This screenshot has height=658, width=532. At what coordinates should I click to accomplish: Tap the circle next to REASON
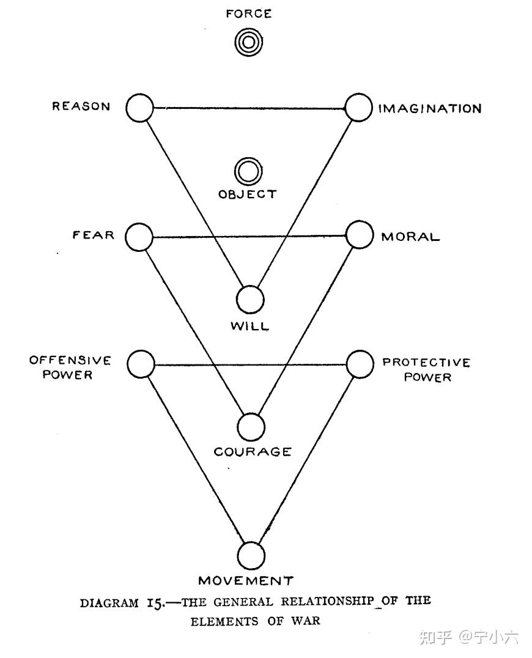(139, 108)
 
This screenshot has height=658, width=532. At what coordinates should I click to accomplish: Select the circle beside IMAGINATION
(358, 108)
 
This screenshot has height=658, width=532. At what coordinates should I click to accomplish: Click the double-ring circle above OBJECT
(248, 172)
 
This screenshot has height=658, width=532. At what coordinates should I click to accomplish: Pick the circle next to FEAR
(139, 237)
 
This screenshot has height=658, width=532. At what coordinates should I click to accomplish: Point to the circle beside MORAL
(359, 235)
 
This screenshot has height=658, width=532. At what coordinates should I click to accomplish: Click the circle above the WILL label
(251, 300)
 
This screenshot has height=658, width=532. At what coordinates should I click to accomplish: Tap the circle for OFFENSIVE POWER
(141, 364)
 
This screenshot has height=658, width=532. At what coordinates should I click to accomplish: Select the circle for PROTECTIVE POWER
(360, 364)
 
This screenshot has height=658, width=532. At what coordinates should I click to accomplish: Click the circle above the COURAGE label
(251, 427)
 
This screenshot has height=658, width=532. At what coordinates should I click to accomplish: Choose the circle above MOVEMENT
(251, 556)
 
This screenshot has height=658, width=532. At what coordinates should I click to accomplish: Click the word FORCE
(248, 13)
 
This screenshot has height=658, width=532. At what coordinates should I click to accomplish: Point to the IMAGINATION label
(430, 109)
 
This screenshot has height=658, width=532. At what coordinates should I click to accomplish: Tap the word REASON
(81, 106)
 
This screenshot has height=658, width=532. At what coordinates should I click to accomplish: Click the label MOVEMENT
(246, 580)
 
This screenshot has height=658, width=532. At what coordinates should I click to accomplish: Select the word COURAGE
(252, 453)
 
